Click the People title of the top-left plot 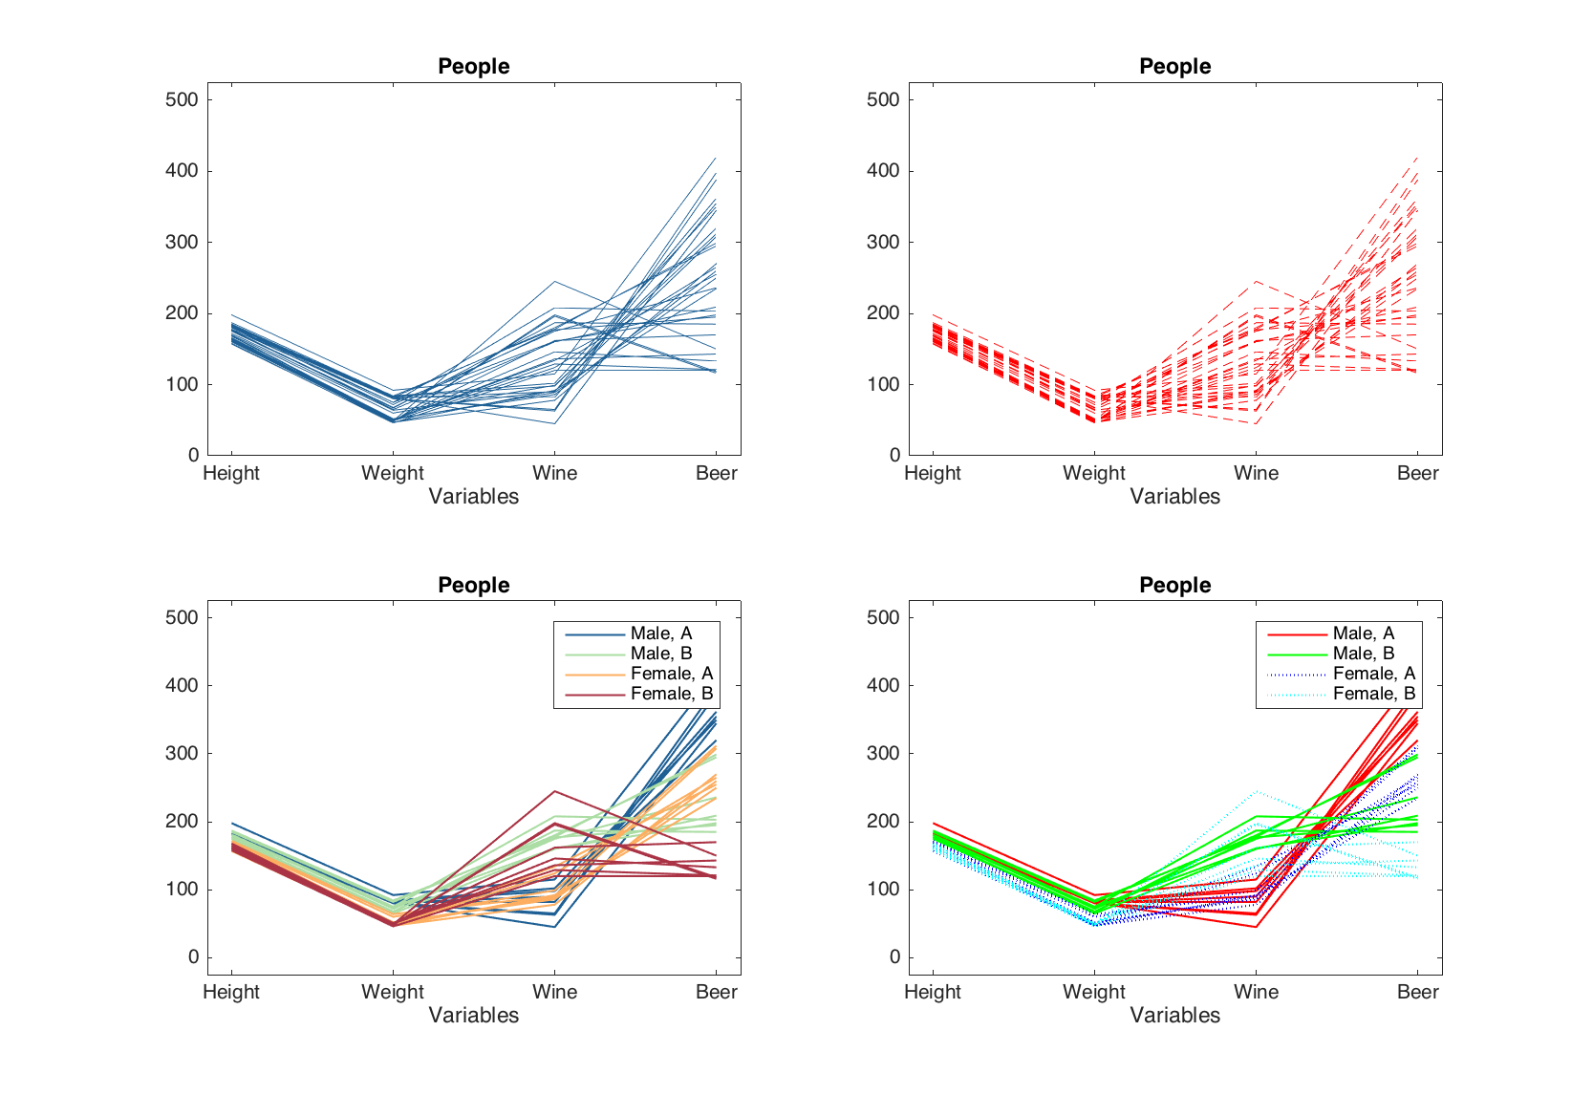tap(473, 66)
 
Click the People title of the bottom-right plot tap(1174, 585)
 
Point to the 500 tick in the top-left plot tap(182, 99)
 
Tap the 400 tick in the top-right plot tap(883, 171)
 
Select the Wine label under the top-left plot tap(554, 473)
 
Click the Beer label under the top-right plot tap(1417, 473)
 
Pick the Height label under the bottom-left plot tap(231, 992)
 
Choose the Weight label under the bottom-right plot tap(1094, 992)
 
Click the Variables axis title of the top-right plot tap(1174, 496)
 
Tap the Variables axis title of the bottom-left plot tap(473, 1015)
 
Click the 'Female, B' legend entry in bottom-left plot tap(672, 694)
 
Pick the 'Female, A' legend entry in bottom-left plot tap(672, 674)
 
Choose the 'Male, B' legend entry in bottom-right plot tap(1364, 654)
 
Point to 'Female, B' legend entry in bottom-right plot tap(1374, 694)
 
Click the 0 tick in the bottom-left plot tap(194, 957)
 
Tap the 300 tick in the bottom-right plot tap(883, 753)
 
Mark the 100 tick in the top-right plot tap(883, 384)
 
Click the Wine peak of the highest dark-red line tap(555, 791)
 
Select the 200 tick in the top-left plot tap(182, 313)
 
